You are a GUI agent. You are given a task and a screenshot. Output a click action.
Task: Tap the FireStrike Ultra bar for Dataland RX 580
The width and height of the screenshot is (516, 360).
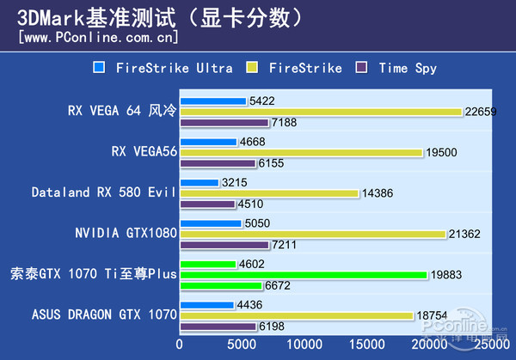[x=199, y=182]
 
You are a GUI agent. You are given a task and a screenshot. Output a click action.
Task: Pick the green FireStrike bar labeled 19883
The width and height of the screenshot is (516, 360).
[x=303, y=275]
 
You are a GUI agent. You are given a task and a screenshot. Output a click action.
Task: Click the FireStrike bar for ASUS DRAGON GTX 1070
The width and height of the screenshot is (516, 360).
[x=296, y=315]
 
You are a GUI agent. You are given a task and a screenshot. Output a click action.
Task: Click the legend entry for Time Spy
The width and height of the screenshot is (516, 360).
[x=406, y=68]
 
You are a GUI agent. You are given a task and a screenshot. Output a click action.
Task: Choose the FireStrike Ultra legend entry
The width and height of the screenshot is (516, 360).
[x=162, y=68]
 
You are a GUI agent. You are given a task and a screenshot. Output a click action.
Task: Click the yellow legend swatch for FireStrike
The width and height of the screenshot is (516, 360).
[x=252, y=68]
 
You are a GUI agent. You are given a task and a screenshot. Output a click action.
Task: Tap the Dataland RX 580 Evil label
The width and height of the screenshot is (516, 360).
[x=103, y=192]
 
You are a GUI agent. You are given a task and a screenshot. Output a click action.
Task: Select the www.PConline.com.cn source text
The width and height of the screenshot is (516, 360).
[x=97, y=37]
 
